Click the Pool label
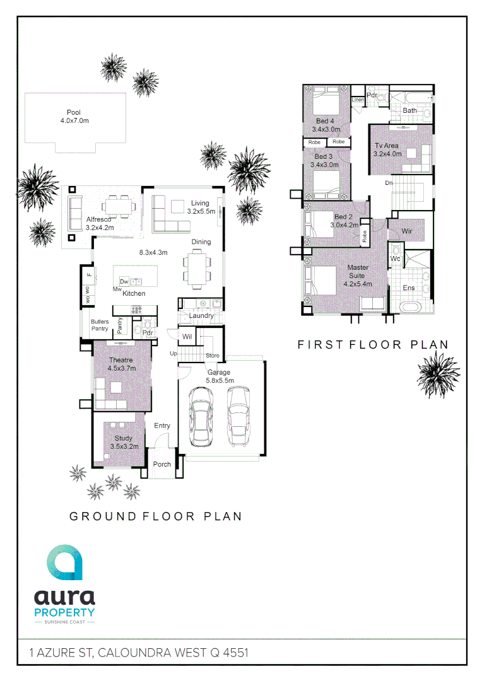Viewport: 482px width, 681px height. [74, 113]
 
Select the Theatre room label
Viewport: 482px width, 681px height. [120, 360]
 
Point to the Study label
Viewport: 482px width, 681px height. [124, 438]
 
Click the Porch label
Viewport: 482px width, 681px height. [162, 465]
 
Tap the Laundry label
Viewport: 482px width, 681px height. [201, 315]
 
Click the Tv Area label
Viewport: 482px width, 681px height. [387, 146]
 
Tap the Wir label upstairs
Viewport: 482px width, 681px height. [407, 231]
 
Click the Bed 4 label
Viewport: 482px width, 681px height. [325, 121]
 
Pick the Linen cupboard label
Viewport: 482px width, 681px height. [358, 100]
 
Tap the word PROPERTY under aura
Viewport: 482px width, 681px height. [64, 612]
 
